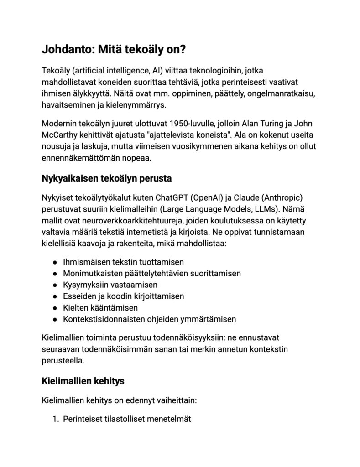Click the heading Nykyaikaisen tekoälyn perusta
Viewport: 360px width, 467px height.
click(x=106, y=178)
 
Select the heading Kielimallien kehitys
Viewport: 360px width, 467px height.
click(x=83, y=380)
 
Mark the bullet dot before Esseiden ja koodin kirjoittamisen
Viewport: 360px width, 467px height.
click(x=54, y=296)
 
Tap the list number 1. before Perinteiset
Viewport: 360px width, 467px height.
click(x=56, y=418)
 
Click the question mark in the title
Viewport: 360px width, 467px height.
click(x=182, y=50)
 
